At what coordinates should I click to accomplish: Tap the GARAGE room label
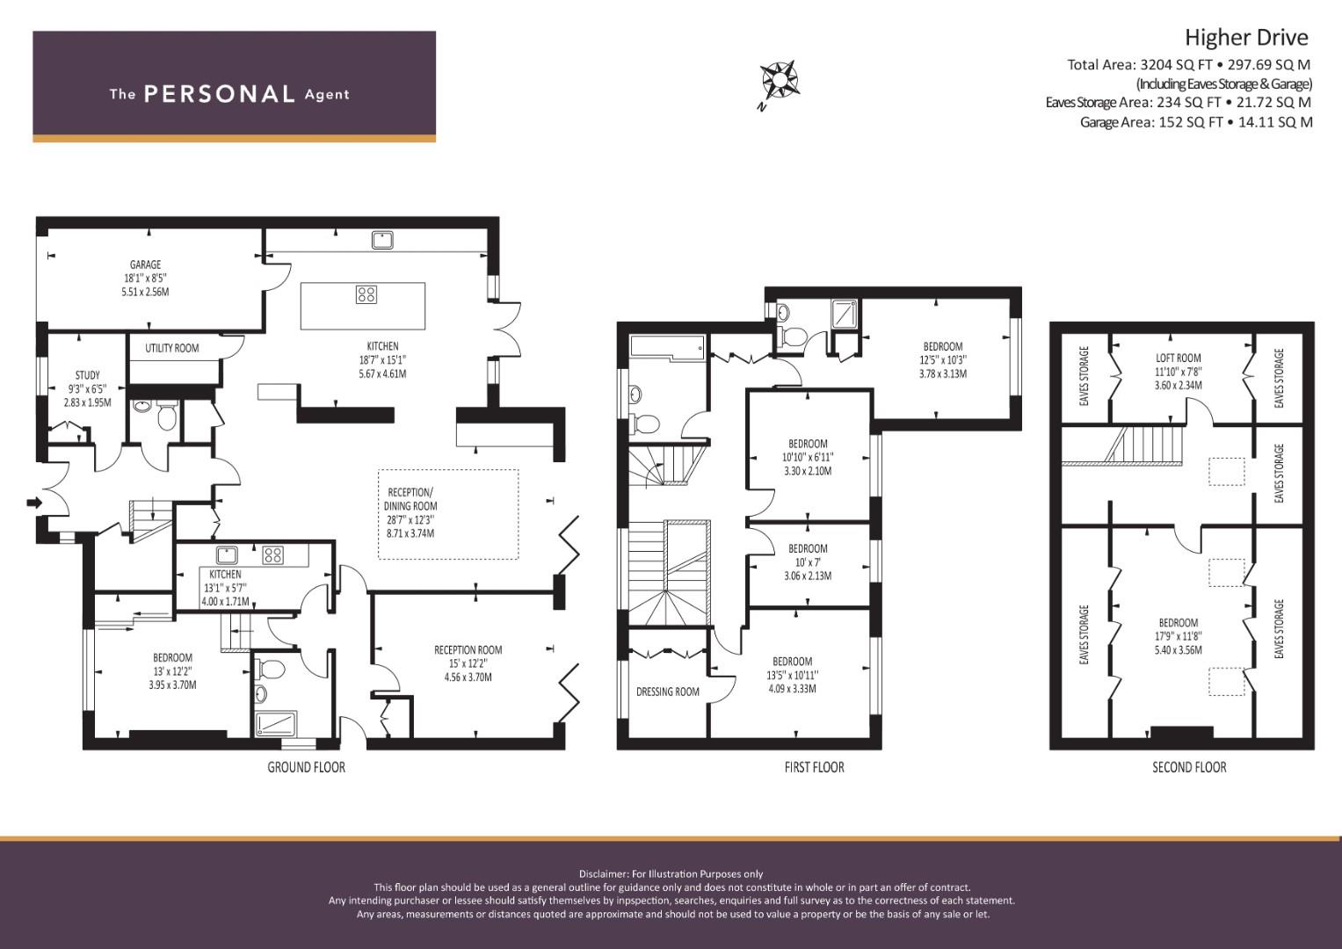pyautogui.click(x=146, y=264)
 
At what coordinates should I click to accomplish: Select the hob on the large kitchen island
pyautogui.click(x=366, y=294)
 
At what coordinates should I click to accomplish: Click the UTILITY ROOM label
pyautogui.click(x=172, y=348)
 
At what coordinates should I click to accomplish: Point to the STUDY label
pyautogui.click(x=88, y=375)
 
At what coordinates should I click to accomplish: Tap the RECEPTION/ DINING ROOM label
pyautogui.click(x=410, y=499)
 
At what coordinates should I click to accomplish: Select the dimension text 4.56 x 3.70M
pyautogui.click(x=468, y=677)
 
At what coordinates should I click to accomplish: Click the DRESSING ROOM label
pyautogui.click(x=667, y=692)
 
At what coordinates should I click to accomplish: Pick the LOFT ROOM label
pyautogui.click(x=1179, y=359)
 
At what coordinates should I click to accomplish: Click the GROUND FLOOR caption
pyautogui.click(x=306, y=767)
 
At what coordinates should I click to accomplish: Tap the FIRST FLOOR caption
pyautogui.click(x=814, y=767)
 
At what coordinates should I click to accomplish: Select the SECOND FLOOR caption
pyautogui.click(x=1189, y=767)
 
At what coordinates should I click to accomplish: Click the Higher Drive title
pyautogui.click(x=1247, y=38)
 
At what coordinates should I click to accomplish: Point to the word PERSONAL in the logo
pyautogui.click(x=220, y=94)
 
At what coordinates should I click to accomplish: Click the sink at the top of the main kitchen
pyautogui.click(x=381, y=240)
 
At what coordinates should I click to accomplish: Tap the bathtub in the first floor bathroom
pyautogui.click(x=668, y=347)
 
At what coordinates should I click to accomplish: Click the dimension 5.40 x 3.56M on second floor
pyautogui.click(x=1179, y=650)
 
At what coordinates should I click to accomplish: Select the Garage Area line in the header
pyautogui.click(x=1196, y=122)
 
